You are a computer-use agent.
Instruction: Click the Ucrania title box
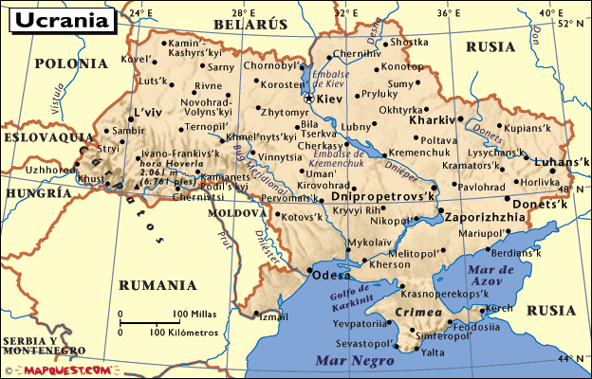(x=59, y=17)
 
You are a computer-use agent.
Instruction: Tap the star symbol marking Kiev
(x=308, y=97)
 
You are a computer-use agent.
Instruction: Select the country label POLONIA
(x=71, y=63)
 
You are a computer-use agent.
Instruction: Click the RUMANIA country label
(x=157, y=284)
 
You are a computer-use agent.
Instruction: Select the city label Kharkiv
(x=433, y=121)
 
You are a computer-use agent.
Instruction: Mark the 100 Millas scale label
(x=195, y=314)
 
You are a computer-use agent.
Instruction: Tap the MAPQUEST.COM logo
(x=67, y=370)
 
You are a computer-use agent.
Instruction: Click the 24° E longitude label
(x=140, y=13)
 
